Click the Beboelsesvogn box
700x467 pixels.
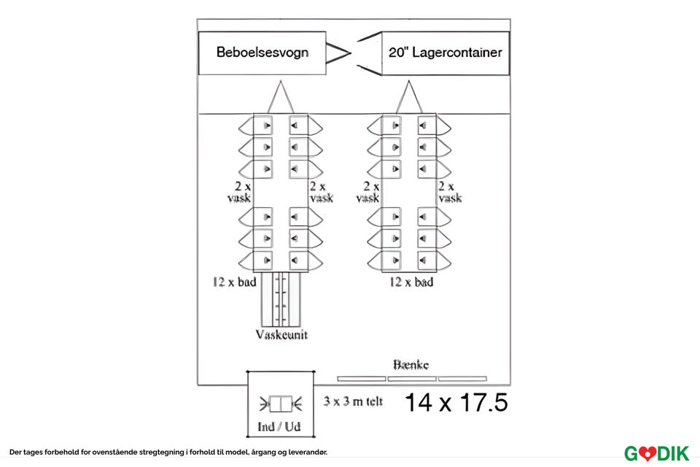(262, 53)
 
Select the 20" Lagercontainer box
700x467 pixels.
(445, 53)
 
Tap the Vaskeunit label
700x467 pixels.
(281, 335)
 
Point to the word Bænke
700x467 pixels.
(411, 365)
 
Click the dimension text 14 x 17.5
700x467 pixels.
(456, 402)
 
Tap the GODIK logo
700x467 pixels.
(656, 453)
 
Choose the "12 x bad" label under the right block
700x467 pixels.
(411, 282)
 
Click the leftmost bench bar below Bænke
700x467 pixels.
(362, 379)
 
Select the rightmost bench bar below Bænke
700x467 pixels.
(462, 379)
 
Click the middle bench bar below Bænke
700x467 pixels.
(412, 379)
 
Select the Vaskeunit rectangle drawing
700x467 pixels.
(281, 299)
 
